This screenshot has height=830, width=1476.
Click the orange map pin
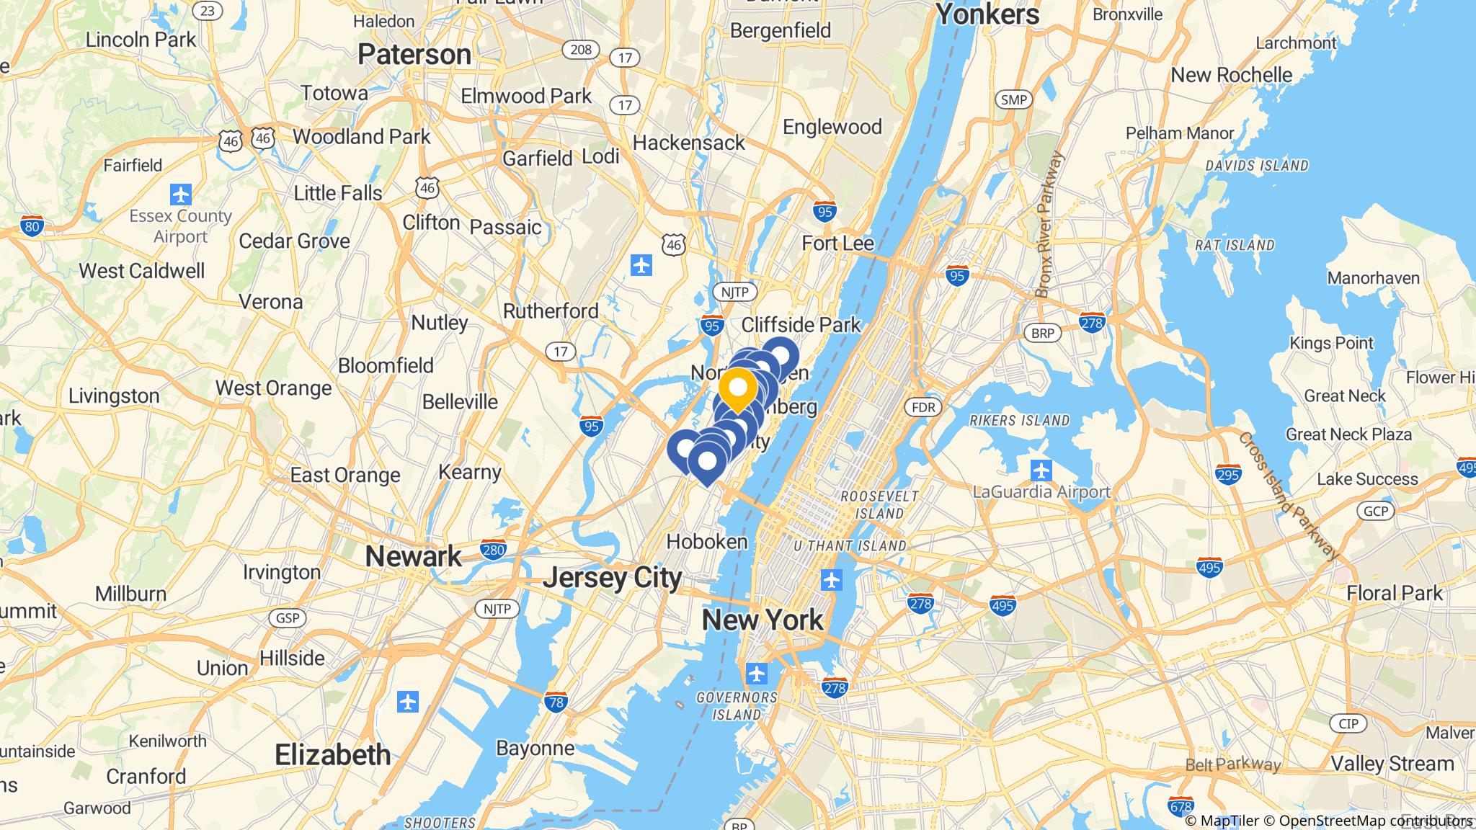click(x=737, y=389)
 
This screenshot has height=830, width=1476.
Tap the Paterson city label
click(x=414, y=55)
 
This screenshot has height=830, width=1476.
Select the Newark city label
click(x=413, y=556)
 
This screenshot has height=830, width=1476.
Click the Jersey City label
click(x=613, y=578)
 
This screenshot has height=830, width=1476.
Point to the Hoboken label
click(x=707, y=542)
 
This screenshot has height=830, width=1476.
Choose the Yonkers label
click(x=987, y=14)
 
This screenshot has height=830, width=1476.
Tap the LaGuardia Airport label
click(x=1041, y=492)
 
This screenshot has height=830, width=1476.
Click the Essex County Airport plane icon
click(x=180, y=195)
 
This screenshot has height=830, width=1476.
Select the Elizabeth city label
click(x=333, y=755)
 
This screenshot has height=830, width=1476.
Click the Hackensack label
click(x=688, y=143)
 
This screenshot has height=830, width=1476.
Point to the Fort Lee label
click(x=837, y=244)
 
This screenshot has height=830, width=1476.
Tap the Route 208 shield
click(x=581, y=49)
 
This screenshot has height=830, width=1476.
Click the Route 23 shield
click(x=208, y=10)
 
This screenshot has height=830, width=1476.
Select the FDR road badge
click(x=923, y=408)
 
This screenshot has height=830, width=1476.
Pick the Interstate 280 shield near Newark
click(x=494, y=550)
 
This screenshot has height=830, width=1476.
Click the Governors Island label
click(x=737, y=706)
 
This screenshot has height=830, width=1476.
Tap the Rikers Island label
click(x=1020, y=420)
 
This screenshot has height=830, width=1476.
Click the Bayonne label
click(x=535, y=748)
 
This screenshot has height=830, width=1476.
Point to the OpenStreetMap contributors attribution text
click(x=1374, y=821)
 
